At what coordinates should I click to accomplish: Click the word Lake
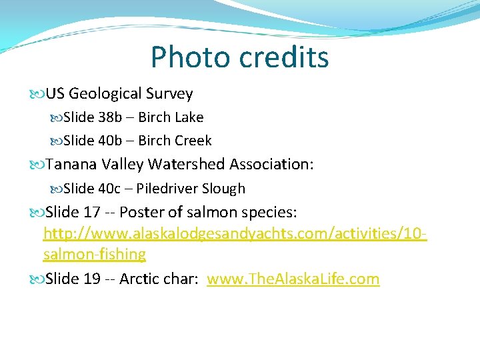189,117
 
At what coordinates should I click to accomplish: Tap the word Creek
193,141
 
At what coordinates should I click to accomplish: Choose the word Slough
223,189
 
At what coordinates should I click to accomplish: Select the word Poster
140,213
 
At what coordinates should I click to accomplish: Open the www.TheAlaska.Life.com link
293,279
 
